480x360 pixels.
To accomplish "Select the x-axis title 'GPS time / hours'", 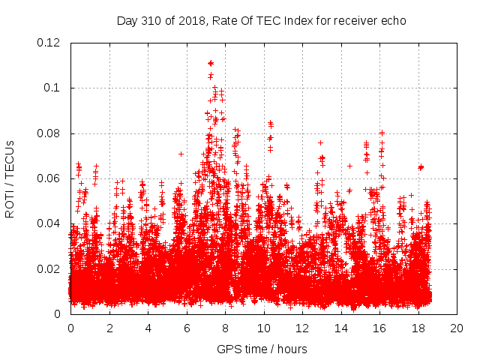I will tap(262, 349).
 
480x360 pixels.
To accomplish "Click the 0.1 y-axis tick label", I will tap(55, 88).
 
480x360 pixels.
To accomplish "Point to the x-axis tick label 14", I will tap(340, 328).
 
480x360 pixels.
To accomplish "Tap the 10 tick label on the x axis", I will tap(263, 328).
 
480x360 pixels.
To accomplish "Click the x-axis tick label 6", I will tap(187, 328).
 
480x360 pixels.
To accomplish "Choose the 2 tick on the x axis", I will tap(109, 328).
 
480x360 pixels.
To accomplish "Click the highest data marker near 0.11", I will tap(211, 63).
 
